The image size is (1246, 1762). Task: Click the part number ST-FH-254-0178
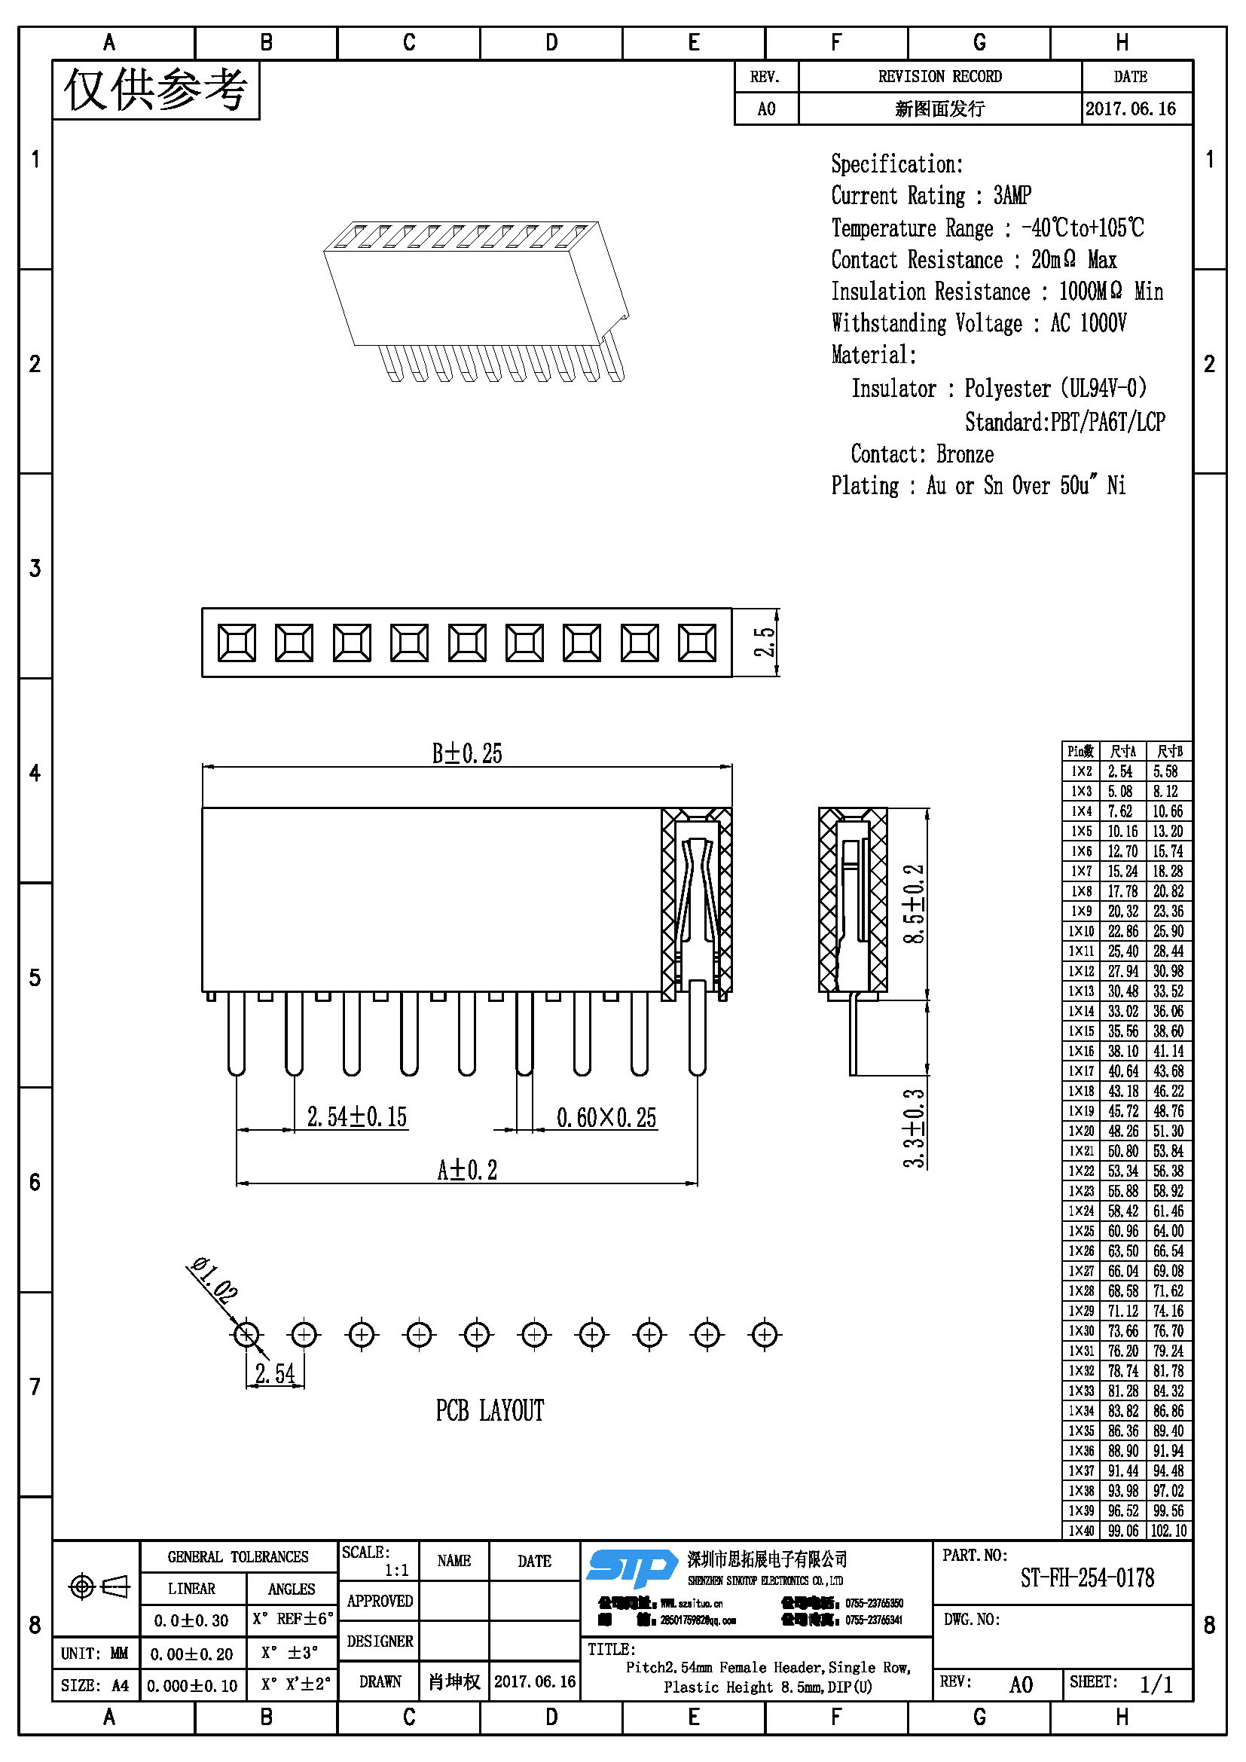click(x=1086, y=1578)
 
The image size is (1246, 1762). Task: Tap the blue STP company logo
click(x=631, y=1567)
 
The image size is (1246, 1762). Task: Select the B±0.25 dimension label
click(x=466, y=753)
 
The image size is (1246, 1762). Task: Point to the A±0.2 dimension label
click(x=466, y=1170)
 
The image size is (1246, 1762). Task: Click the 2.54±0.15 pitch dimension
click(x=357, y=1116)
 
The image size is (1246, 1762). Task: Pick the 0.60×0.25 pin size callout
click(x=606, y=1117)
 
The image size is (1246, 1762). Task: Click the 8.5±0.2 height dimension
click(x=914, y=903)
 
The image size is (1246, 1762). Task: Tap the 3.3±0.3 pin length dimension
click(x=914, y=1128)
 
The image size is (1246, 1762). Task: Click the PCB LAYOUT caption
click(x=490, y=1410)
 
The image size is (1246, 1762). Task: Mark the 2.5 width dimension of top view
click(x=765, y=643)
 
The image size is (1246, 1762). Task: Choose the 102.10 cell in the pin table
click(x=1168, y=1530)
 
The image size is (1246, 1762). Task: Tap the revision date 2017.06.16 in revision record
click(x=1130, y=109)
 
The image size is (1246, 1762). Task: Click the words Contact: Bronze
click(x=921, y=454)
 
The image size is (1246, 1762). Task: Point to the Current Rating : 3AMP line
click(x=930, y=196)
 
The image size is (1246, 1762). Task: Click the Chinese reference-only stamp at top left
click(x=156, y=90)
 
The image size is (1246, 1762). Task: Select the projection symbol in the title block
click(x=99, y=1586)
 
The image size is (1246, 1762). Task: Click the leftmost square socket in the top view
click(x=237, y=643)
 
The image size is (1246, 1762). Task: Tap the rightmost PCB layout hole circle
click(x=764, y=1335)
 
